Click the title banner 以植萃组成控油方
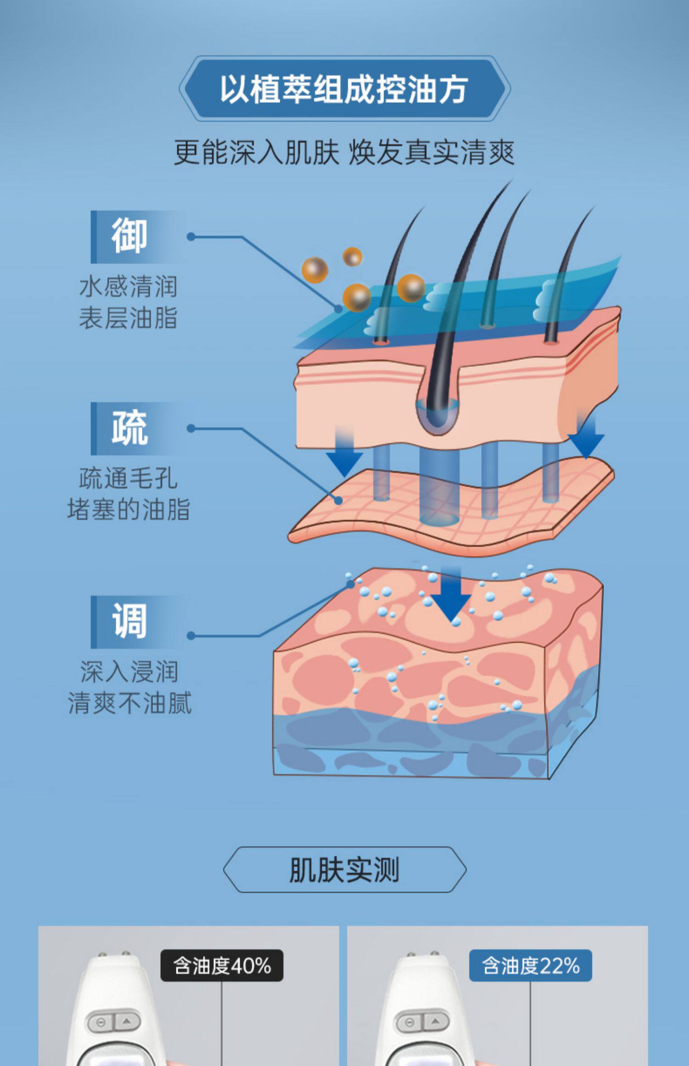click(344, 89)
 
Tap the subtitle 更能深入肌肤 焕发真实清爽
click(344, 152)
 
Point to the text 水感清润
click(128, 286)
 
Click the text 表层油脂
click(128, 318)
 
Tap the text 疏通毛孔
click(128, 478)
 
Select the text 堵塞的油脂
click(128, 509)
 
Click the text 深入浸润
click(129, 672)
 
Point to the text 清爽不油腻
click(129, 703)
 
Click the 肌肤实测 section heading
click(344, 870)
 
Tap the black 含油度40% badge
click(222, 965)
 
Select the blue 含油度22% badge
click(531, 965)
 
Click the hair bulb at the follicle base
click(437, 415)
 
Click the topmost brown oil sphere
click(352, 257)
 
